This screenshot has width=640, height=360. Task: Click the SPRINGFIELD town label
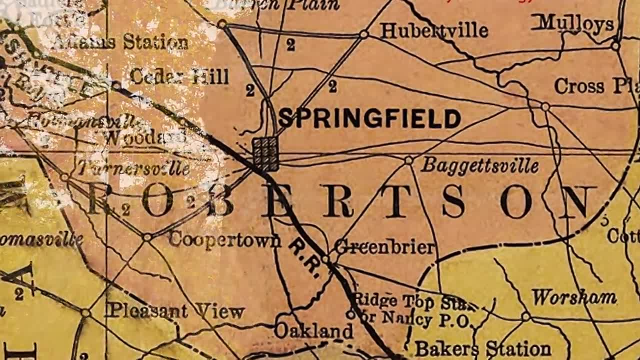(x=369, y=118)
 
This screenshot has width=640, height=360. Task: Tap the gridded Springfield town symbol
(x=265, y=153)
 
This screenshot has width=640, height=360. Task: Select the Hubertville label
(x=434, y=31)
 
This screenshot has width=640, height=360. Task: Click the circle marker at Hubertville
(x=364, y=34)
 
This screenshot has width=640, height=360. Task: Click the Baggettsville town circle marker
(x=408, y=160)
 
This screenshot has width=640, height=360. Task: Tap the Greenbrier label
(x=384, y=246)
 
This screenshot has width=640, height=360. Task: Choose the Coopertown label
(x=225, y=239)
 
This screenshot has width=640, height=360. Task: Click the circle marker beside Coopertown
(x=147, y=237)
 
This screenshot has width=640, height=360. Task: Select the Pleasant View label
(x=176, y=311)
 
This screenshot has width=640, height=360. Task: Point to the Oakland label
(x=313, y=330)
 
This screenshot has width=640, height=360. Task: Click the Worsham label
(x=573, y=297)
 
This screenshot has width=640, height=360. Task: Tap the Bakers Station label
(x=482, y=348)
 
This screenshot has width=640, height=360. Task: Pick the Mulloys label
(x=575, y=23)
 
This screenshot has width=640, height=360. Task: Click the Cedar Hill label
(x=179, y=76)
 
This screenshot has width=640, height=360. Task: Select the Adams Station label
(x=120, y=42)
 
